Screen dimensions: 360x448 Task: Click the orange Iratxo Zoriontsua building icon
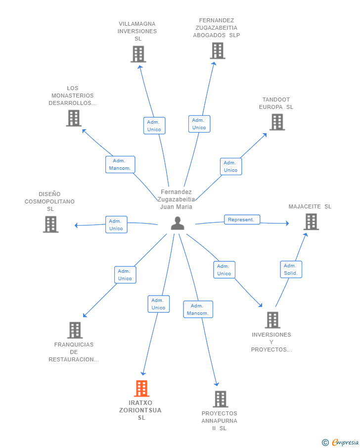click(141, 388)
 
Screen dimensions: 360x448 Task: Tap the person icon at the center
click(178, 223)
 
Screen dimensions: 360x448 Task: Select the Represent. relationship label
click(242, 219)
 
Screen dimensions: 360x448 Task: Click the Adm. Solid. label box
click(291, 269)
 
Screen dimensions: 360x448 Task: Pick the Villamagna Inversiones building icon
click(138, 54)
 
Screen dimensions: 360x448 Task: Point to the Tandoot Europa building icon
click(277, 122)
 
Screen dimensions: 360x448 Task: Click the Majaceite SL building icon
click(311, 222)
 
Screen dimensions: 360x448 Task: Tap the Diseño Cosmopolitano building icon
click(51, 224)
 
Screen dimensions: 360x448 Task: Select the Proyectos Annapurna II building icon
click(221, 399)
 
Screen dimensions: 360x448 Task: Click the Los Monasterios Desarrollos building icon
click(74, 118)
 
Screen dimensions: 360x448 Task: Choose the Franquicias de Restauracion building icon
click(75, 330)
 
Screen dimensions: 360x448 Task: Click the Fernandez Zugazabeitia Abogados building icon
click(218, 50)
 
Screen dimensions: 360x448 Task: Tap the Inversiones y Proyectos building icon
click(272, 320)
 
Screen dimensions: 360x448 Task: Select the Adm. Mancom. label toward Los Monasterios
click(120, 164)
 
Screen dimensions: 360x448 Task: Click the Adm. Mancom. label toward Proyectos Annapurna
click(198, 309)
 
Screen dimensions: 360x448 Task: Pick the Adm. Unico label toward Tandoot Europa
click(231, 166)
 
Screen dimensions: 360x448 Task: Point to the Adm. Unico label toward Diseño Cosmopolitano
click(116, 225)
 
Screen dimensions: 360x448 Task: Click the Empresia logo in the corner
click(340, 442)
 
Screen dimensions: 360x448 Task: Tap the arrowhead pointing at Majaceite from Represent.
click(287, 223)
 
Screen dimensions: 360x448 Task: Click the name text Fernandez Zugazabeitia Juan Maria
click(176, 199)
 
